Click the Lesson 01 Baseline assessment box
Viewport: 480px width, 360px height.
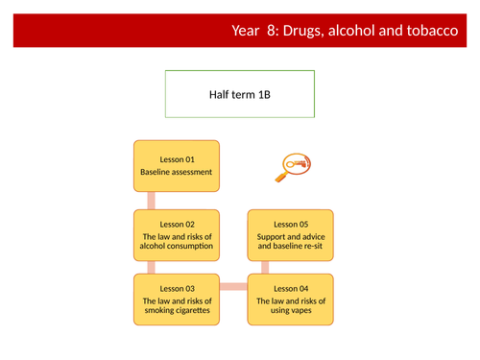click(x=176, y=164)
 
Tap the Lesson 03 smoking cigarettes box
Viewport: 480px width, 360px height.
click(x=176, y=300)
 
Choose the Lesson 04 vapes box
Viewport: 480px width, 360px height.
click(x=292, y=300)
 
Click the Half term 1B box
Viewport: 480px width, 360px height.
click(x=239, y=94)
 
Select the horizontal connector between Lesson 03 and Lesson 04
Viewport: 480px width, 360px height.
click(x=233, y=286)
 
